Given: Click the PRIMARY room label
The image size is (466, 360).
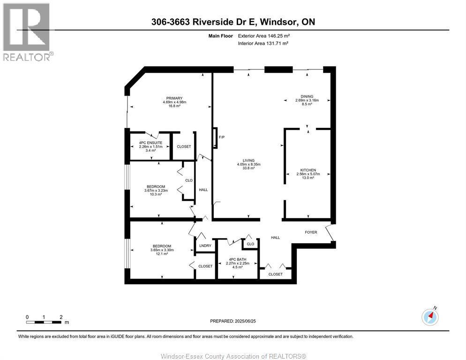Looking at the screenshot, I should pyautogui.click(x=174, y=98).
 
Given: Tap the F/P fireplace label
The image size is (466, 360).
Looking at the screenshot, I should pyautogui.click(x=222, y=137).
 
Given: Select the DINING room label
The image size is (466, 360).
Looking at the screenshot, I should pyautogui.click(x=307, y=97).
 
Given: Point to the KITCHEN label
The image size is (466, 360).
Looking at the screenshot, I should pyautogui.click(x=308, y=170).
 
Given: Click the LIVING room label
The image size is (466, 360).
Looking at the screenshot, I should pyautogui.click(x=248, y=160).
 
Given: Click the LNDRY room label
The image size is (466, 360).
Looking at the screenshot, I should pyautogui.click(x=204, y=245).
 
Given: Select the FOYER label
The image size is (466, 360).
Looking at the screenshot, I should pyautogui.click(x=311, y=232).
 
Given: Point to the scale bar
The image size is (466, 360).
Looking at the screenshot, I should pyautogui.click(x=44, y=322).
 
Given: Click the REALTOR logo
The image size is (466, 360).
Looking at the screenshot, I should pyautogui.click(x=27, y=32).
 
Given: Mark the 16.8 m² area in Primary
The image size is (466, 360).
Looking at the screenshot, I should pyautogui.click(x=174, y=106).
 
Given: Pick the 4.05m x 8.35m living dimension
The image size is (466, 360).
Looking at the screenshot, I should pyautogui.click(x=248, y=164).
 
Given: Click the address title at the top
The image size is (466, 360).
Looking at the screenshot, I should pyautogui.click(x=233, y=22).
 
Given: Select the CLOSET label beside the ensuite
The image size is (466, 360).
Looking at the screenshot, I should pyautogui.click(x=184, y=147).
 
